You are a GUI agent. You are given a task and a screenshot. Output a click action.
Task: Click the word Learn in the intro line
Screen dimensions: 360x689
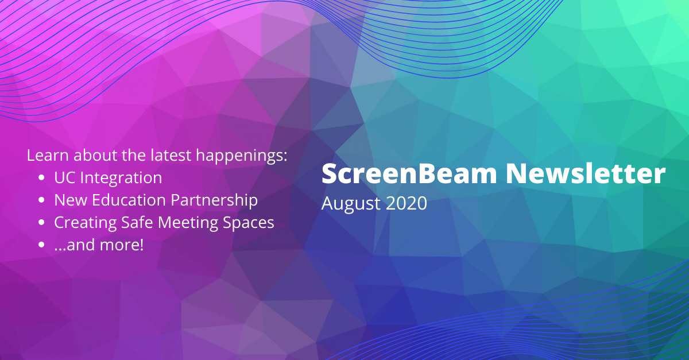[44, 156]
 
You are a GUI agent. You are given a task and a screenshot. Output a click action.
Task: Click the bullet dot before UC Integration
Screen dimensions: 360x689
[41, 179]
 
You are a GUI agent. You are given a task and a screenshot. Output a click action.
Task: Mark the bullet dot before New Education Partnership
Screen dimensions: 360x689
[41, 201]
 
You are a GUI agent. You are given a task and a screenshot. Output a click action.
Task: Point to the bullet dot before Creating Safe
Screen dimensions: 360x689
[41, 223]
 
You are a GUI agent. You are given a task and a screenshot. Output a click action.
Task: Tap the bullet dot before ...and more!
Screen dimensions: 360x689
[41, 245]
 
